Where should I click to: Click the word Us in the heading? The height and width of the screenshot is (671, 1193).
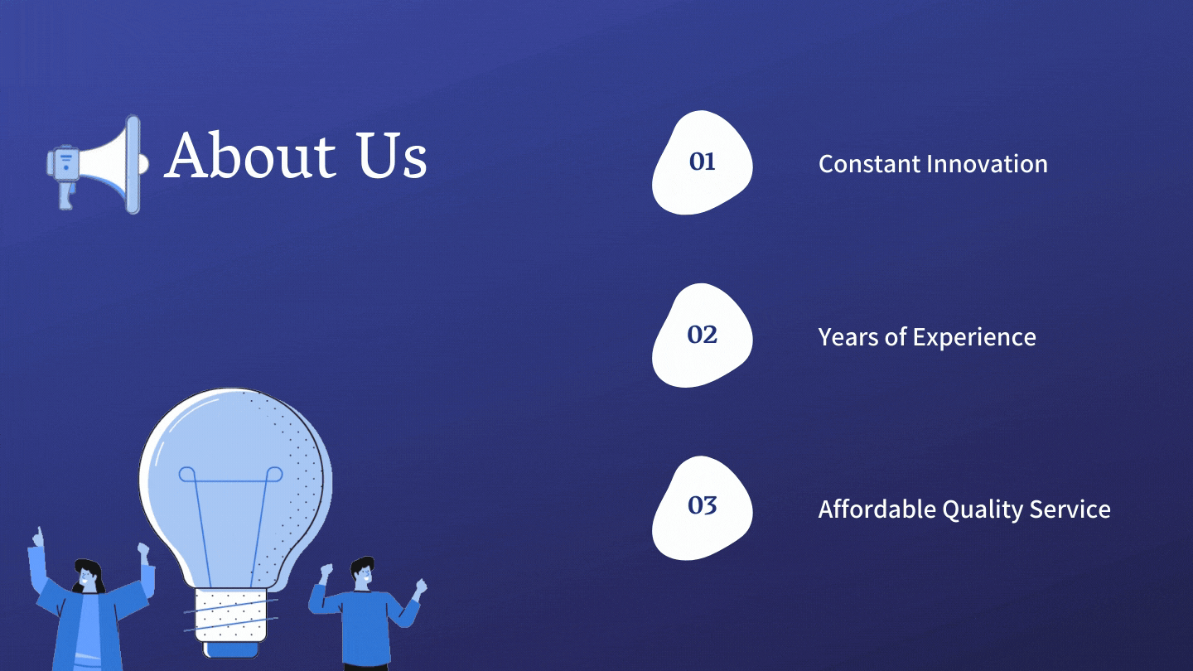coord(392,155)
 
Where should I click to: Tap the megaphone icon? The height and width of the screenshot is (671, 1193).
coord(97,164)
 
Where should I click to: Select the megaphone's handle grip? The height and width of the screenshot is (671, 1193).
coord(66,195)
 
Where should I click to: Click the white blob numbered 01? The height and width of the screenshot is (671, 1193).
coord(702,162)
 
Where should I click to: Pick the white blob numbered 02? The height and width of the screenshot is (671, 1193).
coord(702,335)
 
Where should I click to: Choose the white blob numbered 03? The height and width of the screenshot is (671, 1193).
coord(702,508)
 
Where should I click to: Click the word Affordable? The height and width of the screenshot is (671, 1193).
coord(877,509)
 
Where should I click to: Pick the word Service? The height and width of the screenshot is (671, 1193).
coord(1070,509)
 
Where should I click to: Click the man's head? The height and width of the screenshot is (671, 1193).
coord(363,572)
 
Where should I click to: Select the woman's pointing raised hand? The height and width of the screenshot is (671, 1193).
coord(38,538)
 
